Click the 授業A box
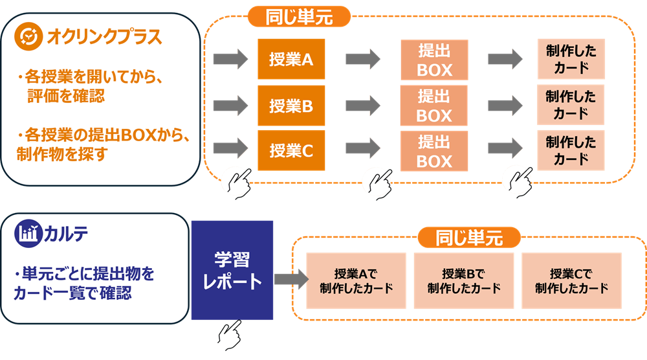coord(291,60)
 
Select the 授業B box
coord(291,106)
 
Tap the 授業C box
coord(291,151)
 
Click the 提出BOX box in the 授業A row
coord(434,60)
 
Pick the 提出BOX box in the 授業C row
coord(434,151)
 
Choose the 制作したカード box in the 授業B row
coord(571,106)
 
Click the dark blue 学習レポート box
coord(232,270)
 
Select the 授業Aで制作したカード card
coord(356,280)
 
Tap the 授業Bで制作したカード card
coord(463,280)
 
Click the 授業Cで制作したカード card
coord(571,280)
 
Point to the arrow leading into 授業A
coord(231,60)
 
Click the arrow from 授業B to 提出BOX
coord(363,105)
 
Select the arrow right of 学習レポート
coord(289,278)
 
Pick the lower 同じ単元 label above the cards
coord(469,238)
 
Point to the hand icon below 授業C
coord(236,182)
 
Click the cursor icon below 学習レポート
coord(228,335)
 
